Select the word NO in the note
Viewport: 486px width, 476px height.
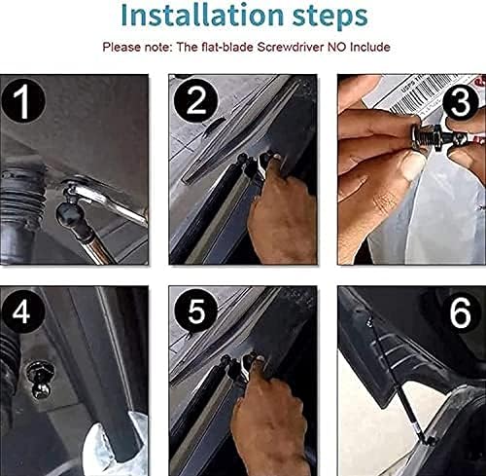(x=345, y=47)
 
